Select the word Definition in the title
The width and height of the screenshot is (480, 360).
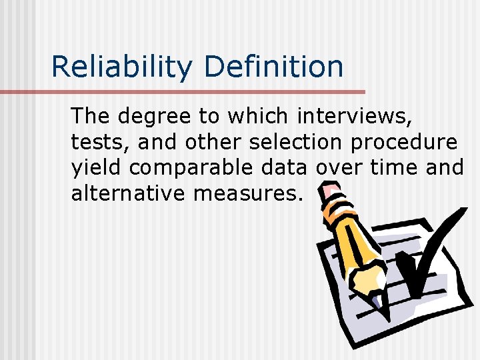(x=274, y=67)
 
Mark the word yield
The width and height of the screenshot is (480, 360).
(x=97, y=168)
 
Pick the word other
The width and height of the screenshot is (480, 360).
(x=213, y=143)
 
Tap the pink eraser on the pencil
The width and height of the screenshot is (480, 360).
(x=329, y=194)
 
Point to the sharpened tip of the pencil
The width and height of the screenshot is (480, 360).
(x=378, y=303)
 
